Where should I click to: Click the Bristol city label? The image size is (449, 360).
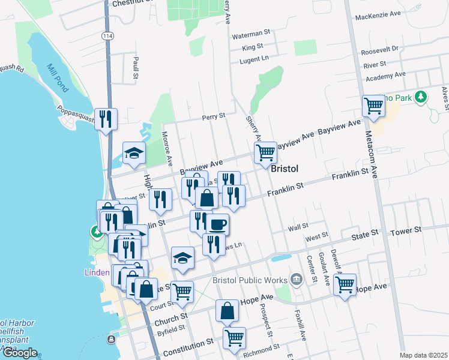[x=285, y=169]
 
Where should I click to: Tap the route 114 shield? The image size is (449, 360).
[x=107, y=37]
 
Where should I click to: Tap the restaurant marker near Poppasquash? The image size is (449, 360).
[x=106, y=118]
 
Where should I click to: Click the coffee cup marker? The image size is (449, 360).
[x=218, y=224]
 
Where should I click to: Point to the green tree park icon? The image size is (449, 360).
[x=421, y=96]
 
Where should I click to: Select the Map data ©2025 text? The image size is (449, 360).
[x=423, y=355]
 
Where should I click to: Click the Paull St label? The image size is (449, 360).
[x=136, y=68]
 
